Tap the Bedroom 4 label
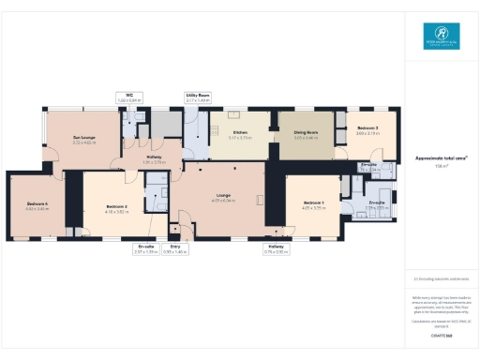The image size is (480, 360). coord(37,203)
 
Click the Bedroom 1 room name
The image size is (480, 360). coord(313,203)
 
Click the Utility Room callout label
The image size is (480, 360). coord(197,96)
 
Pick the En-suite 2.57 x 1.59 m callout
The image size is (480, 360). coord(146,249)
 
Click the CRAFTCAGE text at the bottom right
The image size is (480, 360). coord(441,335)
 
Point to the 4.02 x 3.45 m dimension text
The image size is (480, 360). coord(37,208)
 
